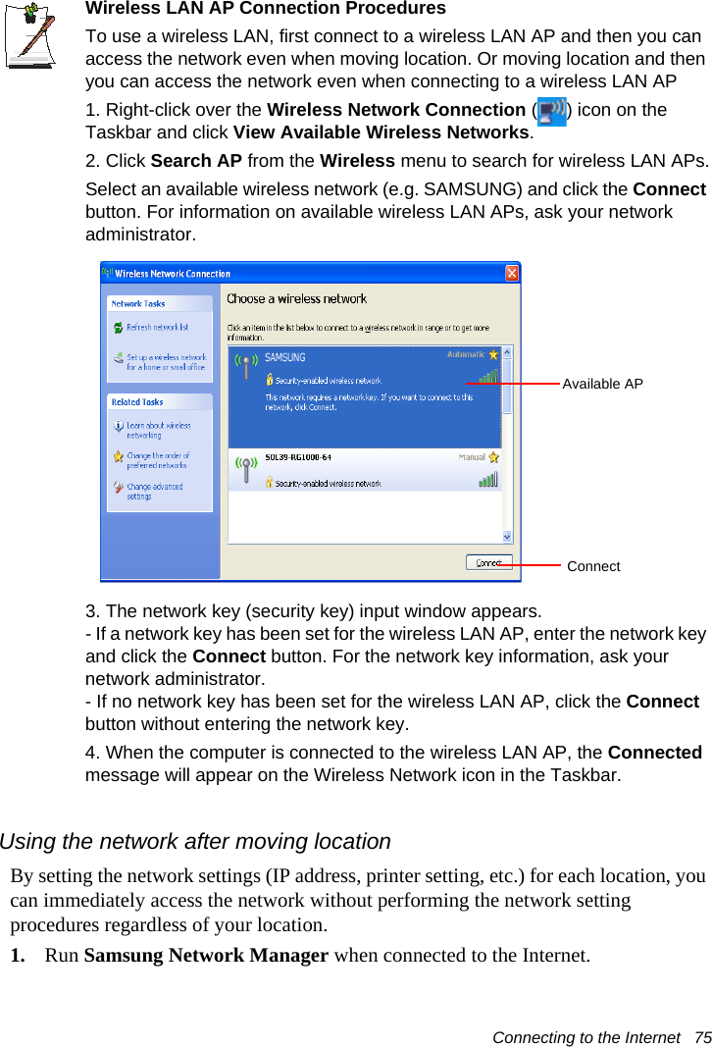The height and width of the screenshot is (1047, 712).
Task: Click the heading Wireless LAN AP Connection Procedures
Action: [x=265, y=9]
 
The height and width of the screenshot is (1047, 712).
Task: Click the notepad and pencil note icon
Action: [x=30, y=34]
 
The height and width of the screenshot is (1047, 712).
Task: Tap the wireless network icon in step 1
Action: [x=552, y=112]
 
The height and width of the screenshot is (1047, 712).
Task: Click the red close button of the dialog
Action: [x=512, y=272]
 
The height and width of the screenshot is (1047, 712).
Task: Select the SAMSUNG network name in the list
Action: [x=285, y=357]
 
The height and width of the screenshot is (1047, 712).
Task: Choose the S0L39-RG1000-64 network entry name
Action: [x=298, y=458]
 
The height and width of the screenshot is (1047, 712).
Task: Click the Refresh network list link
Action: [x=157, y=328]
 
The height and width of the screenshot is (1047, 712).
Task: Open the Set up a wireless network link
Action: [x=166, y=362]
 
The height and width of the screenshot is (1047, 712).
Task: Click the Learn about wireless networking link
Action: [x=158, y=430]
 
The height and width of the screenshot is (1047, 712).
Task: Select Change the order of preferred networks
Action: [x=158, y=460]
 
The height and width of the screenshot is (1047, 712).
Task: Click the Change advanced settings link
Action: [x=154, y=491]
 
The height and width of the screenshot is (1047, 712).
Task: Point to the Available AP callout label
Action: [x=602, y=384]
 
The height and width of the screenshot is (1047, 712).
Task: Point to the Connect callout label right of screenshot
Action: [x=593, y=566]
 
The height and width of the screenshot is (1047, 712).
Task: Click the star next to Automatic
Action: [x=494, y=354]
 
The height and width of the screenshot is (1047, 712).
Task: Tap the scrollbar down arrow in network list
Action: [x=507, y=537]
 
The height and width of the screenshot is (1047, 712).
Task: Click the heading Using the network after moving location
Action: [x=195, y=842]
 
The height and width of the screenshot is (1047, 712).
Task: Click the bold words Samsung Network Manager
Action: [x=206, y=956]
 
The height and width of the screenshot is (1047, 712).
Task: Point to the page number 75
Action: [x=701, y=1037]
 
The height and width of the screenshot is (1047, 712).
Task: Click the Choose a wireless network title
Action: [x=296, y=299]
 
